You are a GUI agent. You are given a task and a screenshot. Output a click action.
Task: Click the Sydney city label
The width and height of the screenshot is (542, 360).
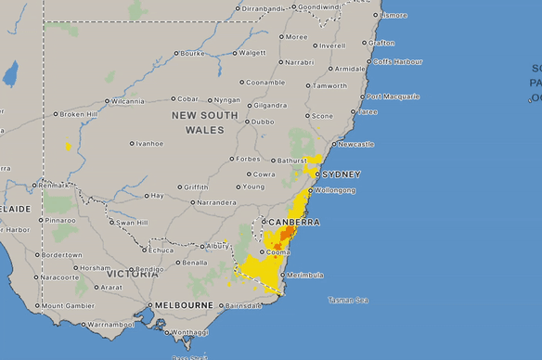[x=341, y=174]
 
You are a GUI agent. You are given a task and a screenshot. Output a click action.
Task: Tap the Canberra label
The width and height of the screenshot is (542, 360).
[x=294, y=223]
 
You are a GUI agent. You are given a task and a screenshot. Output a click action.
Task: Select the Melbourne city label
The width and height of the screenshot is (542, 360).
[x=185, y=305]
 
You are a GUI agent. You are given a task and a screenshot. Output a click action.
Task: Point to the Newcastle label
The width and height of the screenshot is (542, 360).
[x=356, y=144]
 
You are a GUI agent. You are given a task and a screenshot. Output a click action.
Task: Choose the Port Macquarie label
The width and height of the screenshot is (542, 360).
[x=394, y=96]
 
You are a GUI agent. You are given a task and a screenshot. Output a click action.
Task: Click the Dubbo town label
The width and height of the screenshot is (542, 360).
[x=263, y=122]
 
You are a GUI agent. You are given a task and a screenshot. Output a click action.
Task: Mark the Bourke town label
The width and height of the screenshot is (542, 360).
[x=192, y=53]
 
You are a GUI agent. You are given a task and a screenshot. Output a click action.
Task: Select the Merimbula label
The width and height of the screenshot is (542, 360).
[x=305, y=276]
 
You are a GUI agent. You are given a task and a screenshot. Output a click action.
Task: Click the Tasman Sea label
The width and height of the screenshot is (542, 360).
[x=348, y=300]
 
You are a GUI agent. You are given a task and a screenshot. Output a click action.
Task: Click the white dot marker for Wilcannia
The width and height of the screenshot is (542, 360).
[x=107, y=101]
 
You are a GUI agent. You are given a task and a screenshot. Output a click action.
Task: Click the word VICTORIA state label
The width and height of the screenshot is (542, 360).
[x=133, y=275]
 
